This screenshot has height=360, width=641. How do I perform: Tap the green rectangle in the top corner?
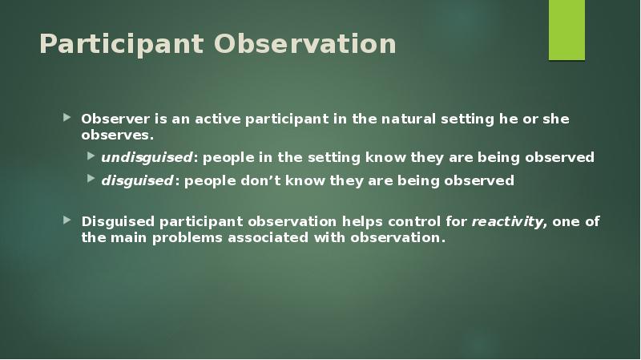click(566, 30)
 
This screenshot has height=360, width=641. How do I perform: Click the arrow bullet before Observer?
click(68, 119)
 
